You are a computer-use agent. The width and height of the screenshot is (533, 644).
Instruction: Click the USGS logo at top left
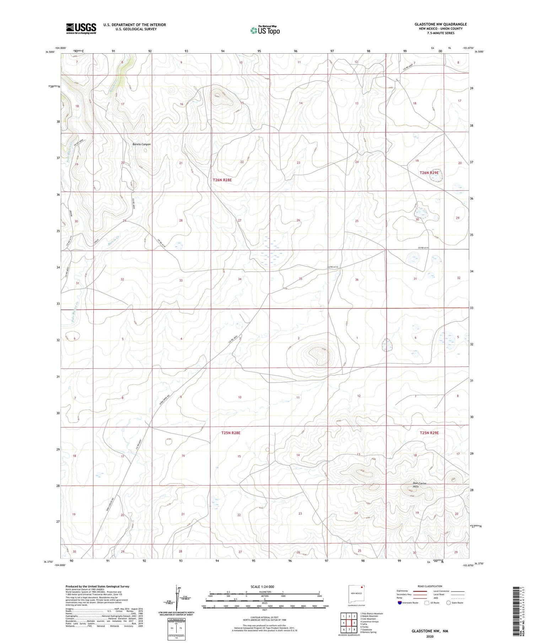point(81,28)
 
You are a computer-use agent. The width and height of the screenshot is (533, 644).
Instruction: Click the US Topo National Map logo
point(265,30)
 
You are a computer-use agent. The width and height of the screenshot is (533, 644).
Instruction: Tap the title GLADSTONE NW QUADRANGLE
point(440,24)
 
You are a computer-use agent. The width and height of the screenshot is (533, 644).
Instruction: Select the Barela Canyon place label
point(141,144)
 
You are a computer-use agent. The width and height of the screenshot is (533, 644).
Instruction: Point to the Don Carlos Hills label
point(419,485)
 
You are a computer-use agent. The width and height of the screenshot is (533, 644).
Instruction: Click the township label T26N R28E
point(222,180)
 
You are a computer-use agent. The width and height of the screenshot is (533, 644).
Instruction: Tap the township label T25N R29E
point(429,433)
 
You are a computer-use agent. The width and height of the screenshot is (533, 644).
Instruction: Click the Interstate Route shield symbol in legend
point(400,602)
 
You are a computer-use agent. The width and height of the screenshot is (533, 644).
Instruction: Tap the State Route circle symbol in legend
point(448,602)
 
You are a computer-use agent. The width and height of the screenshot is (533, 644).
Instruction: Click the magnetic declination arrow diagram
point(177,597)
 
